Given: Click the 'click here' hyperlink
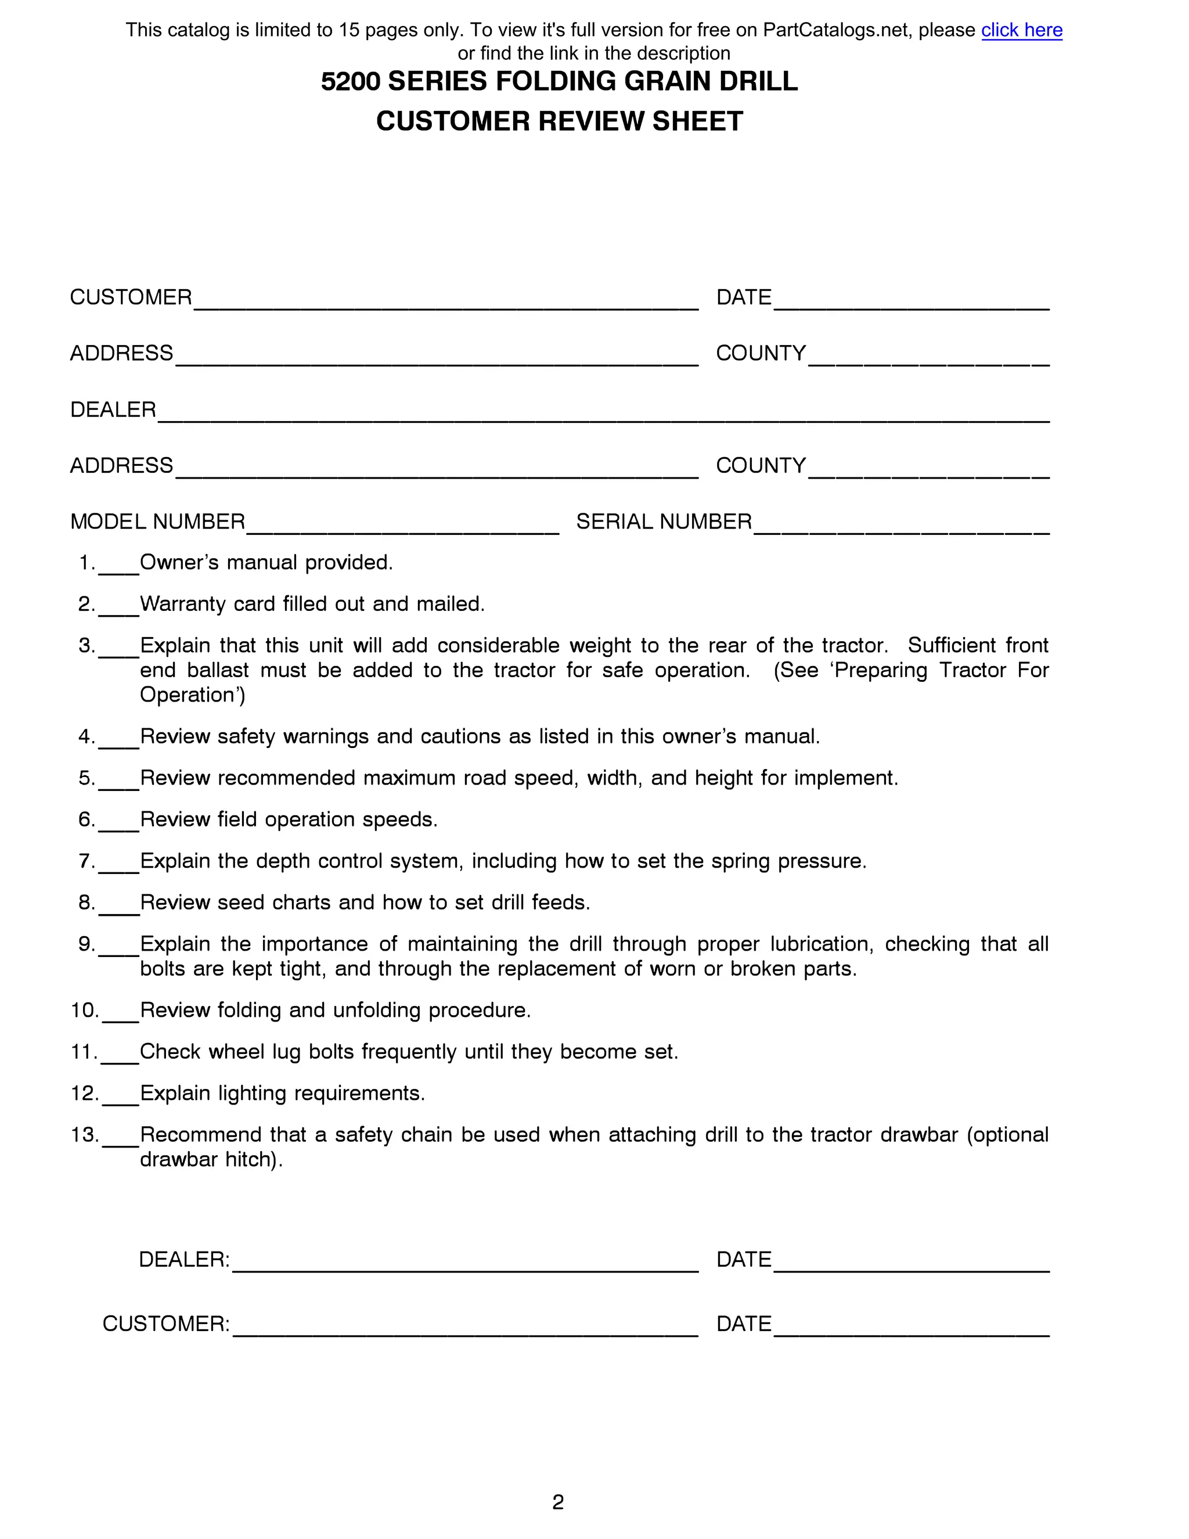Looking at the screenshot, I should coord(1021,30).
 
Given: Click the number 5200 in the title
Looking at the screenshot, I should coord(350,82).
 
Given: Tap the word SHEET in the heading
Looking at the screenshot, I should coord(697,121).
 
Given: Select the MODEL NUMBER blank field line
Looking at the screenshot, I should coord(402,530).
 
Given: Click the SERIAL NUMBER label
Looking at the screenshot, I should coord(664,522).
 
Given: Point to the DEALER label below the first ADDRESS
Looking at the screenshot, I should coord(113,409).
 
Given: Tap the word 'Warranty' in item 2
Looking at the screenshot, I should coord(182,604).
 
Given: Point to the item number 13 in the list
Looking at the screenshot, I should coord(84,1135).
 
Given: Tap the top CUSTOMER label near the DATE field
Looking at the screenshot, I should coord(130,297).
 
